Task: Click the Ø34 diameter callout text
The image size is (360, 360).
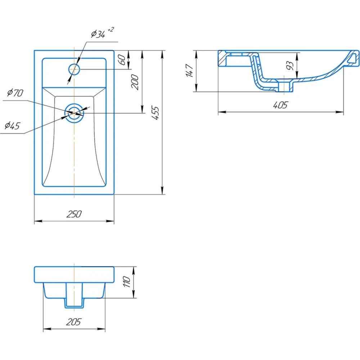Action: click(98, 34)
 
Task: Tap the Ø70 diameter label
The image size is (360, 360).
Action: click(15, 93)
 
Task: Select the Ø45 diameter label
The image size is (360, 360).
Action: click(12, 126)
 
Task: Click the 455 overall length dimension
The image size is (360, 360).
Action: click(156, 113)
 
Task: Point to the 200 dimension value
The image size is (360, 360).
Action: click(135, 82)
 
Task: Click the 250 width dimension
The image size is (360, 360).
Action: click(74, 214)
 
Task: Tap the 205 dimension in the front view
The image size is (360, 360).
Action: click(74, 322)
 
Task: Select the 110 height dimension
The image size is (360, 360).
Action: click(126, 282)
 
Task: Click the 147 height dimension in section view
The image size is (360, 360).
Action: click(190, 71)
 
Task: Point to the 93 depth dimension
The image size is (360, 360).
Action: click(290, 66)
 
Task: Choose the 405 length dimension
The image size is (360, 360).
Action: click(280, 105)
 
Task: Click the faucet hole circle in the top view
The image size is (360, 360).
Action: click(74, 69)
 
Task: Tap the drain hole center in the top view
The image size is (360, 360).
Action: click(74, 113)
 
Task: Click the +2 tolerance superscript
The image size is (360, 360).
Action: click(111, 30)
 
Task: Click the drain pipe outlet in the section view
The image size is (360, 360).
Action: click(285, 86)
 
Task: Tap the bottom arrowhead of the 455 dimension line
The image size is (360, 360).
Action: click(162, 190)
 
